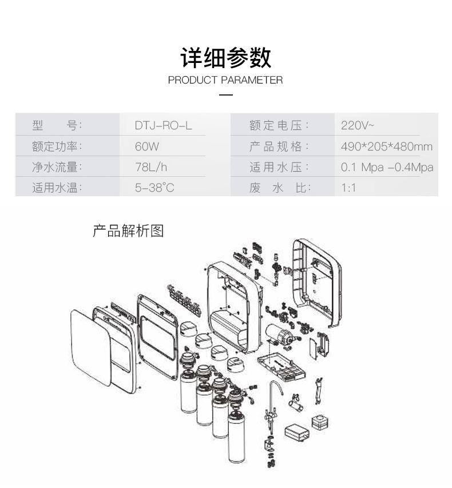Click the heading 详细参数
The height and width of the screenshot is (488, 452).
225,58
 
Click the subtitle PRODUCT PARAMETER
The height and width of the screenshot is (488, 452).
225,80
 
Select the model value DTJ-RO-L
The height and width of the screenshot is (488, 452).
164,125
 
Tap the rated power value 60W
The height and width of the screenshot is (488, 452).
147,146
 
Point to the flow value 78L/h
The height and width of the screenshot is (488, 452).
151,167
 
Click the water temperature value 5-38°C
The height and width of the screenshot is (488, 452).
154,188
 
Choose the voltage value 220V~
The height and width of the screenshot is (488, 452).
358,125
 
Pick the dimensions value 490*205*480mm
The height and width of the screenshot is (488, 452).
386,146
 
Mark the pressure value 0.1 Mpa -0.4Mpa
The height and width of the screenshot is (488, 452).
387,167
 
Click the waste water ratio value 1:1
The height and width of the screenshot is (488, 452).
348,188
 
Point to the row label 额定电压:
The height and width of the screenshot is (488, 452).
279,125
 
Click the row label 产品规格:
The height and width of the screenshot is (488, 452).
279,146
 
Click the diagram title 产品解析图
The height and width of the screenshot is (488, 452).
128,231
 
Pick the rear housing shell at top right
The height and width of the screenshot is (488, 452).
316,280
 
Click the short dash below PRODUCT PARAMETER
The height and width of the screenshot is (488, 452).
226,94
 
